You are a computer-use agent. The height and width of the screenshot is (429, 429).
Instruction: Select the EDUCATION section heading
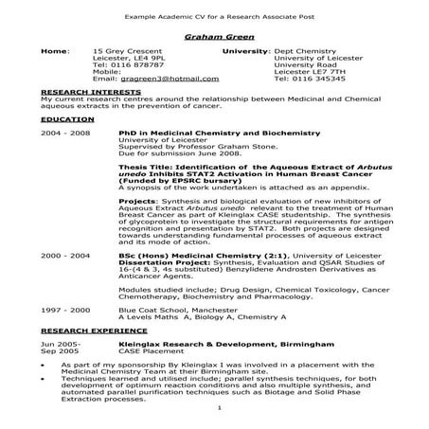click(x=68, y=121)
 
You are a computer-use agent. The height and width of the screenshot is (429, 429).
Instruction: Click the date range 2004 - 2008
click(x=65, y=134)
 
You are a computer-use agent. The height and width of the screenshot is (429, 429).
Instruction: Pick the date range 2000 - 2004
click(x=65, y=256)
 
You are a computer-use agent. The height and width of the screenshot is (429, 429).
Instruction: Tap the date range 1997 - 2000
click(x=65, y=310)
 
